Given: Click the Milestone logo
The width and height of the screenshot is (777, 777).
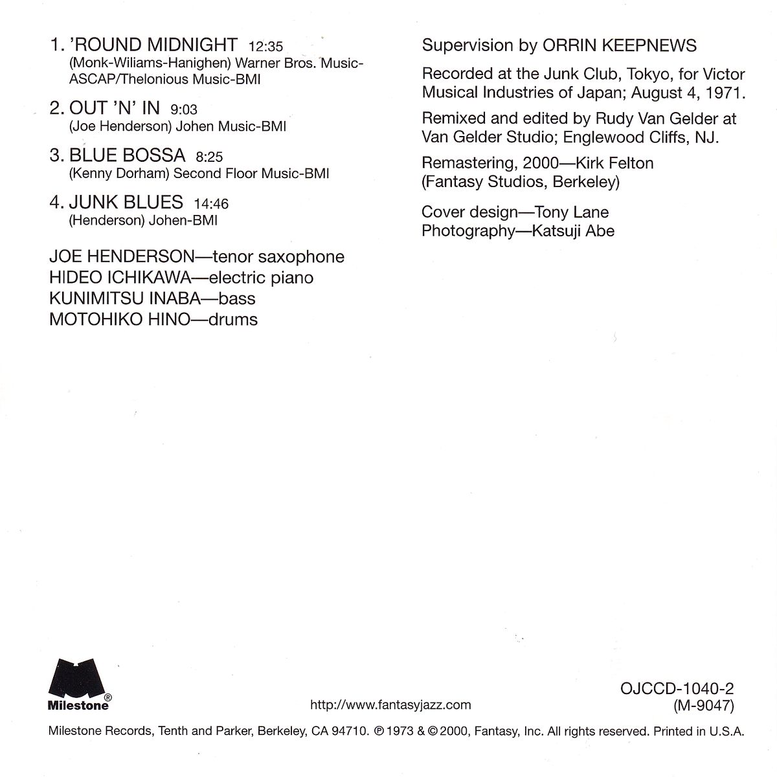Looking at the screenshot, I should pos(80,681).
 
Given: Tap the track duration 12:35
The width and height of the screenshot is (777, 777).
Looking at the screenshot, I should pos(265,47).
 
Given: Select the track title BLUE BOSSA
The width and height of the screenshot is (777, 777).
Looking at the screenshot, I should pos(127,155).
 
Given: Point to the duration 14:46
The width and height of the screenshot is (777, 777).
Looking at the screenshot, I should pos(211,203).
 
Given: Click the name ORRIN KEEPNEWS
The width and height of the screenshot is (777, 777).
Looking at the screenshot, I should pos(620,45).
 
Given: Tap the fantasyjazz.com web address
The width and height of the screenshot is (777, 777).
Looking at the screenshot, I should pos(391,704).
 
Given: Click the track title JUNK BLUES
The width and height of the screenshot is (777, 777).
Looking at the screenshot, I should pos(126,202).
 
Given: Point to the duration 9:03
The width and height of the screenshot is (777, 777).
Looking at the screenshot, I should pos(184,110).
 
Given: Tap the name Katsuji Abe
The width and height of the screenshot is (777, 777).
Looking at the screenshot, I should pos(572,231).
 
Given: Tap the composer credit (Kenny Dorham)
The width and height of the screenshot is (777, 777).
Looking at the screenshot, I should pos(120,174).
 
